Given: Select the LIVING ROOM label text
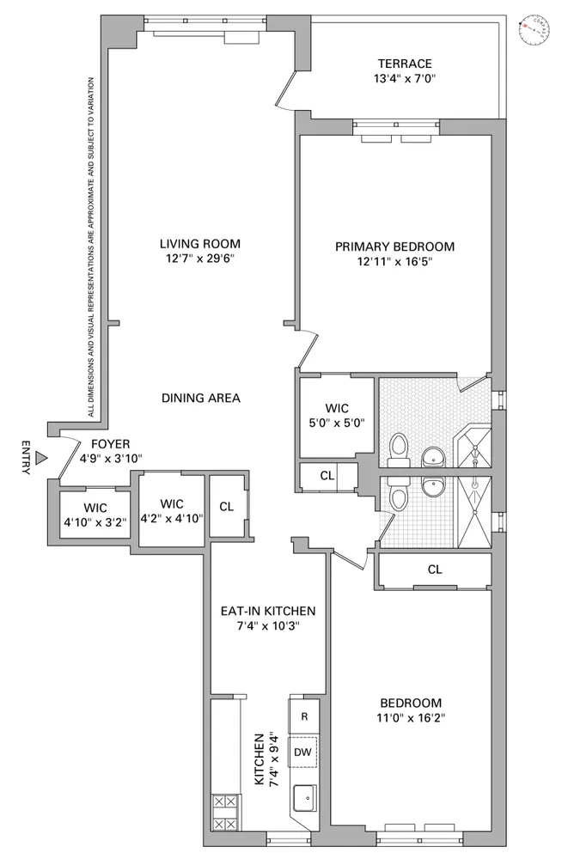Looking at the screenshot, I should pyautogui.click(x=205, y=242).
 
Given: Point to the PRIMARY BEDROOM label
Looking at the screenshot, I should pyautogui.click(x=394, y=247).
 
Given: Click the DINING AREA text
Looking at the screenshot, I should pyautogui.click(x=200, y=398).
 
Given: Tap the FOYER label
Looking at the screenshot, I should pyautogui.click(x=109, y=444).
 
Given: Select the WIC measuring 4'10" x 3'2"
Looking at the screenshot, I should pyautogui.click(x=94, y=514).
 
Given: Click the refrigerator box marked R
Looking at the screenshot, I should pyautogui.click(x=303, y=716).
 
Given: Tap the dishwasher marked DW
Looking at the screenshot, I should pyautogui.click(x=302, y=752).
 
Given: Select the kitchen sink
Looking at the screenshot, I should pyautogui.click(x=304, y=799).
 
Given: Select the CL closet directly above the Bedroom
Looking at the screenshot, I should pyautogui.click(x=434, y=569).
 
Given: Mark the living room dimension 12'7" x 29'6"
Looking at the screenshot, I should pyautogui.click(x=205, y=258).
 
